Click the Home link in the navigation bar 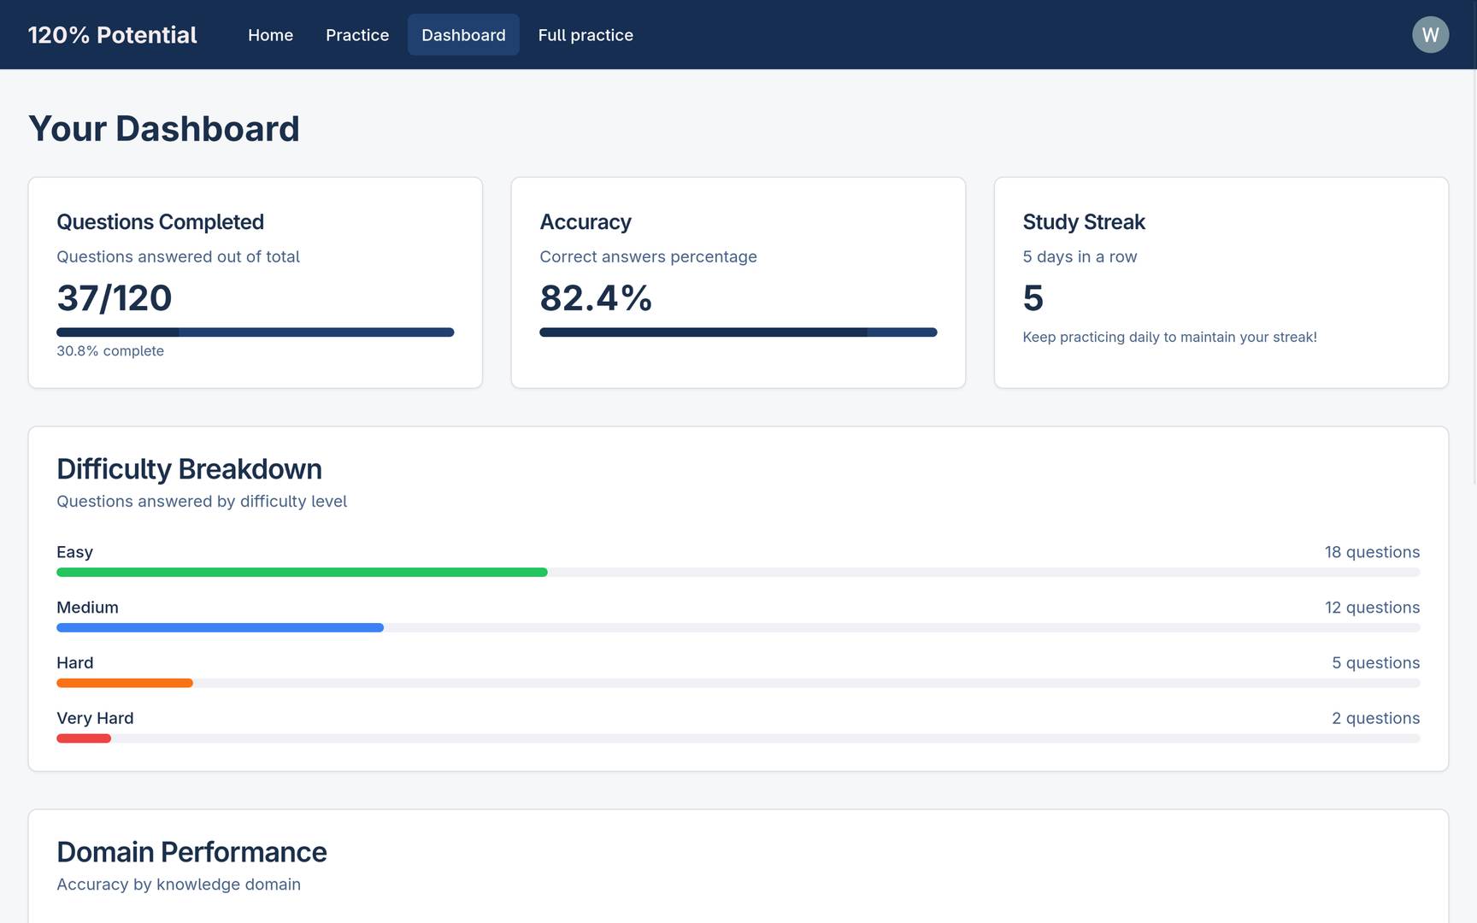pyautogui.click(x=270, y=35)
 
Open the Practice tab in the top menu pyautogui.click(x=357, y=35)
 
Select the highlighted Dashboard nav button pyautogui.click(x=463, y=35)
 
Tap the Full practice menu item pyautogui.click(x=586, y=35)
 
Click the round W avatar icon pyautogui.click(x=1430, y=35)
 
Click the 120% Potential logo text pyautogui.click(x=112, y=35)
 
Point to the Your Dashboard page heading pyautogui.click(x=164, y=129)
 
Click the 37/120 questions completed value pyautogui.click(x=115, y=298)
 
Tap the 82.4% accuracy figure pyautogui.click(x=596, y=298)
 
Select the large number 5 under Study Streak pyautogui.click(x=1033, y=298)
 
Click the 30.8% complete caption pyautogui.click(x=110, y=351)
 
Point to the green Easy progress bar pyautogui.click(x=302, y=573)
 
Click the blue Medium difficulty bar pyautogui.click(x=220, y=628)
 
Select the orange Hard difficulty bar pyautogui.click(x=125, y=684)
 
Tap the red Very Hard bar pyautogui.click(x=84, y=738)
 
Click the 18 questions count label pyautogui.click(x=1372, y=552)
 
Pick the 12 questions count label pyautogui.click(x=1372, y=608)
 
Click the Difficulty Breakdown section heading pyautogui.click(x=189, y=469)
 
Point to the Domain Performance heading pyautogui.click(x=191, y=852)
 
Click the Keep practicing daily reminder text pyautogui.click(x=1169, y=338)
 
